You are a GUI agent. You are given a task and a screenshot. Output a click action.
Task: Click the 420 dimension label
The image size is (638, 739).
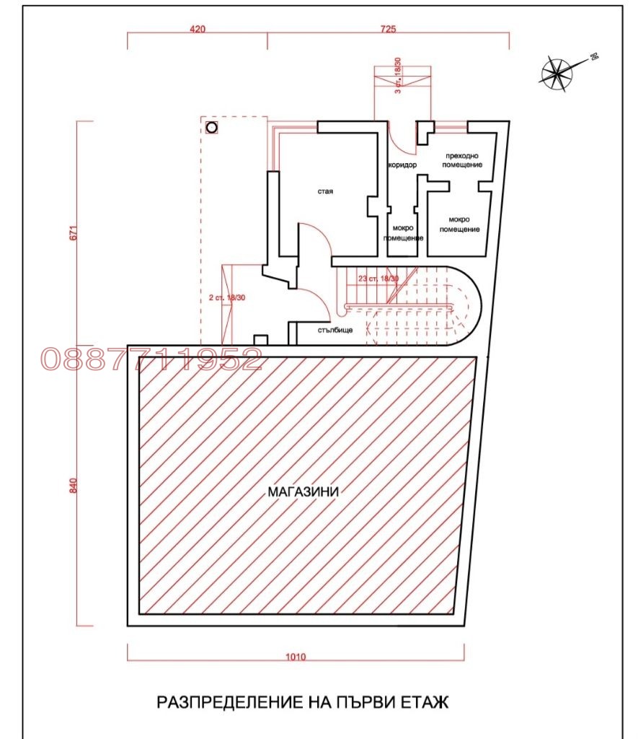(198, 29)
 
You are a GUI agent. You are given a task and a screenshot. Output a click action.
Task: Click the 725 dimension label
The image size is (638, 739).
(388, 29)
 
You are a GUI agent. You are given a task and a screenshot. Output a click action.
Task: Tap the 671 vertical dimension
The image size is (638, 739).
(73, 233)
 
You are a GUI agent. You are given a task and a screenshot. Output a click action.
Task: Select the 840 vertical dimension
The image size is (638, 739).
(73, 486)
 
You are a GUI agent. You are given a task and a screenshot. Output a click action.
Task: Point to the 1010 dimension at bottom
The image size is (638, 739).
(296, 657)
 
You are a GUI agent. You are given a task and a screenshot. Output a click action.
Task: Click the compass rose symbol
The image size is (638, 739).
(557, 74)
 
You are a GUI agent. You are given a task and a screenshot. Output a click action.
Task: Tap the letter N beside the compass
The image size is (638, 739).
(594, 57)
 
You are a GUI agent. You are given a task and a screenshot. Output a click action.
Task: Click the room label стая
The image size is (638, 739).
(325, 191)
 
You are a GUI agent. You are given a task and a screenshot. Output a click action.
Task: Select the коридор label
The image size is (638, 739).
(402, 165)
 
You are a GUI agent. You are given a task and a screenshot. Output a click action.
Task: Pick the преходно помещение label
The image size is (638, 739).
(462, 160)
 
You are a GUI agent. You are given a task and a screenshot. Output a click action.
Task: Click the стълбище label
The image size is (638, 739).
(335, 330)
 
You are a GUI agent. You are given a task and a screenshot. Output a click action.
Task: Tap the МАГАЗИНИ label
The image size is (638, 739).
(304, 492)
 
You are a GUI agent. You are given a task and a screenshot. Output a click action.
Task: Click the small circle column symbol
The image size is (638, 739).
(212, 127)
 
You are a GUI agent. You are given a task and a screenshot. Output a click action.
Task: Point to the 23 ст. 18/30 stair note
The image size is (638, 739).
(378, 279)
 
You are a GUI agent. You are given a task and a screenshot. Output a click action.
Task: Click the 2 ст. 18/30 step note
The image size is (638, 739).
(227, 298)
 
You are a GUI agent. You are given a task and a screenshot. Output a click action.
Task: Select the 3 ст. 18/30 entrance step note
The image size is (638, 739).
(398, 75)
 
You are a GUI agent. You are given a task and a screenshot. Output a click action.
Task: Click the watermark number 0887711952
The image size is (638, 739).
(151, 359)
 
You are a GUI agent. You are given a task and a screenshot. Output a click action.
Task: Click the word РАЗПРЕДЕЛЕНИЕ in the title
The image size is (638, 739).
(230, 702)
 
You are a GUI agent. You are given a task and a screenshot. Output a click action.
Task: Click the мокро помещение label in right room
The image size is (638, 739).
(459, 224)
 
